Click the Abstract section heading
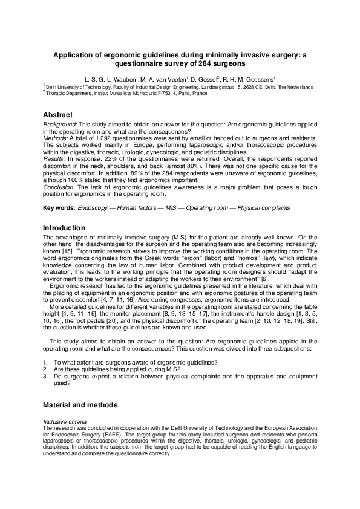click(57, 115)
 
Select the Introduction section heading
click(65, 228)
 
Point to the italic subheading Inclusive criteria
click(66, 421)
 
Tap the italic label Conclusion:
click(59, 187)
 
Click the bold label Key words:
click(59, 207)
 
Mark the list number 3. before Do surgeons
click(45, 375)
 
